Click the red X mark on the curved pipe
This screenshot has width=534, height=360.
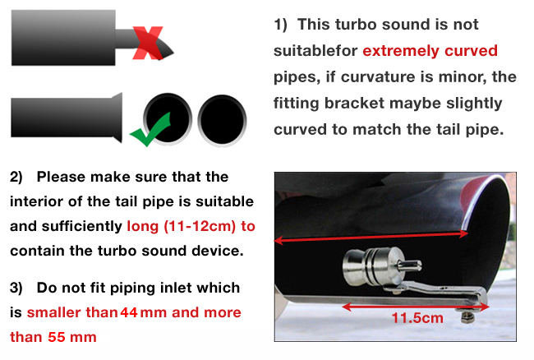coord(147,43)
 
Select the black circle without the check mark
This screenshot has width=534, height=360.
coord(222,120)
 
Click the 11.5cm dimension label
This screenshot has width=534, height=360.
coord(417,318)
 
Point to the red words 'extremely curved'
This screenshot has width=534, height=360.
coord(430,51)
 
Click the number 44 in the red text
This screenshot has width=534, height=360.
coord(129,312)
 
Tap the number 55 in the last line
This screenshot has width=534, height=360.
coord(57,337)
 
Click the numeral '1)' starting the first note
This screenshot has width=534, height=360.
coord(281,25)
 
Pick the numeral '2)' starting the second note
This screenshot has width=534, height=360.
coord(16,177)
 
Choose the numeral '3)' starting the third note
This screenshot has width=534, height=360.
coord(16,288)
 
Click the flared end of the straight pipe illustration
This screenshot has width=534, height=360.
coord(117,118)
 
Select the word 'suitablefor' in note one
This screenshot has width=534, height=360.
coord(315,51)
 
